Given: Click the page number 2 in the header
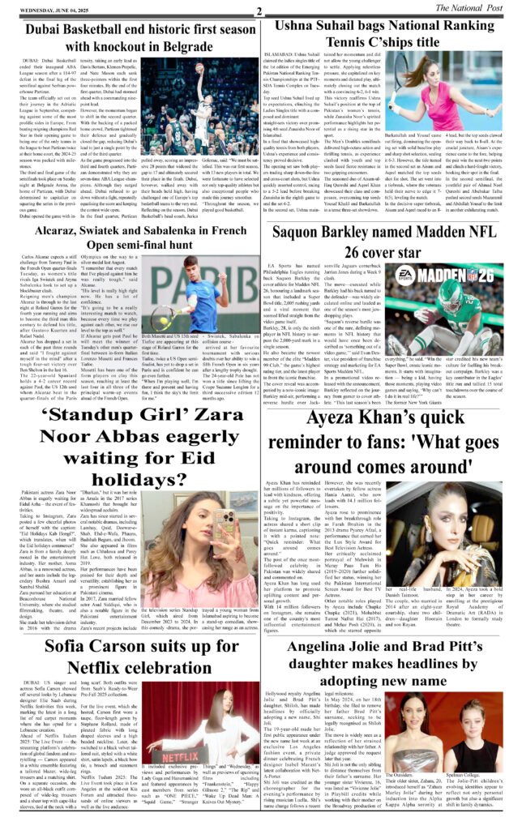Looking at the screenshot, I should click(x=258, y=10).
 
